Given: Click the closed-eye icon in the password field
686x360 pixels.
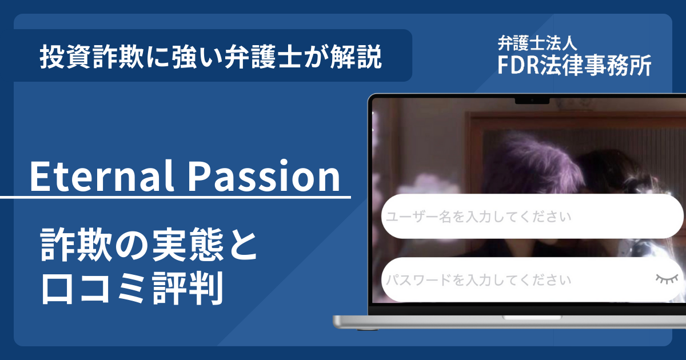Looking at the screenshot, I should (667, 279).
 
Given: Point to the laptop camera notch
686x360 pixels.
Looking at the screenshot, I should (532, 101).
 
